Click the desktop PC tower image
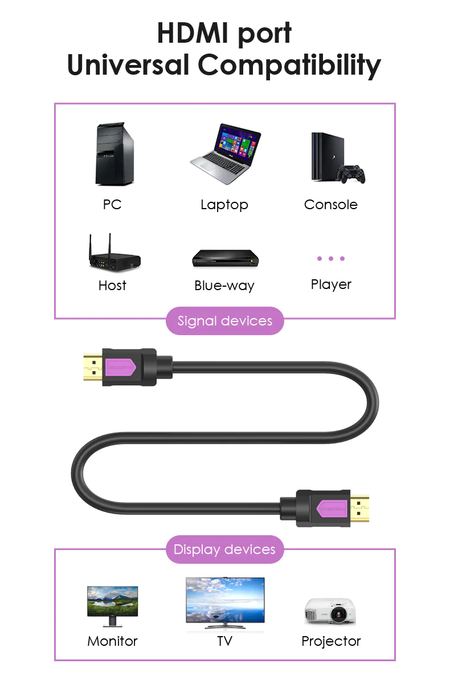(114, 153)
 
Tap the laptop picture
(226, 153)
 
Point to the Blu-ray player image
(226, 258)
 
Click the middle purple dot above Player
(331, 259)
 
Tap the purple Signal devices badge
(225, 321)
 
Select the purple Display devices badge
(225, 549)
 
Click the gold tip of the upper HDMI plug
(93, 367)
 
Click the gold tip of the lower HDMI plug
(359, 508)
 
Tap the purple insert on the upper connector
(120, 367)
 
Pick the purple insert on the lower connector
(332, 508)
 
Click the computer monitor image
(113, 606)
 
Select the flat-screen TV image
(225, 603)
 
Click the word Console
(331, 205)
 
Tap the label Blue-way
(224, 286)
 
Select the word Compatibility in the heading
(289, 65)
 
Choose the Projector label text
(331, 641)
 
